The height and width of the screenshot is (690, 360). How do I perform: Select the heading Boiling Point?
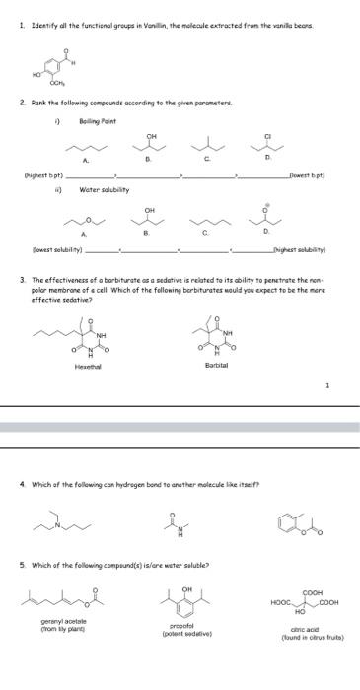click(x=98, y=120)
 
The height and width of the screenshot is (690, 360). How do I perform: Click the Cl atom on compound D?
click(x=267, y=136)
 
